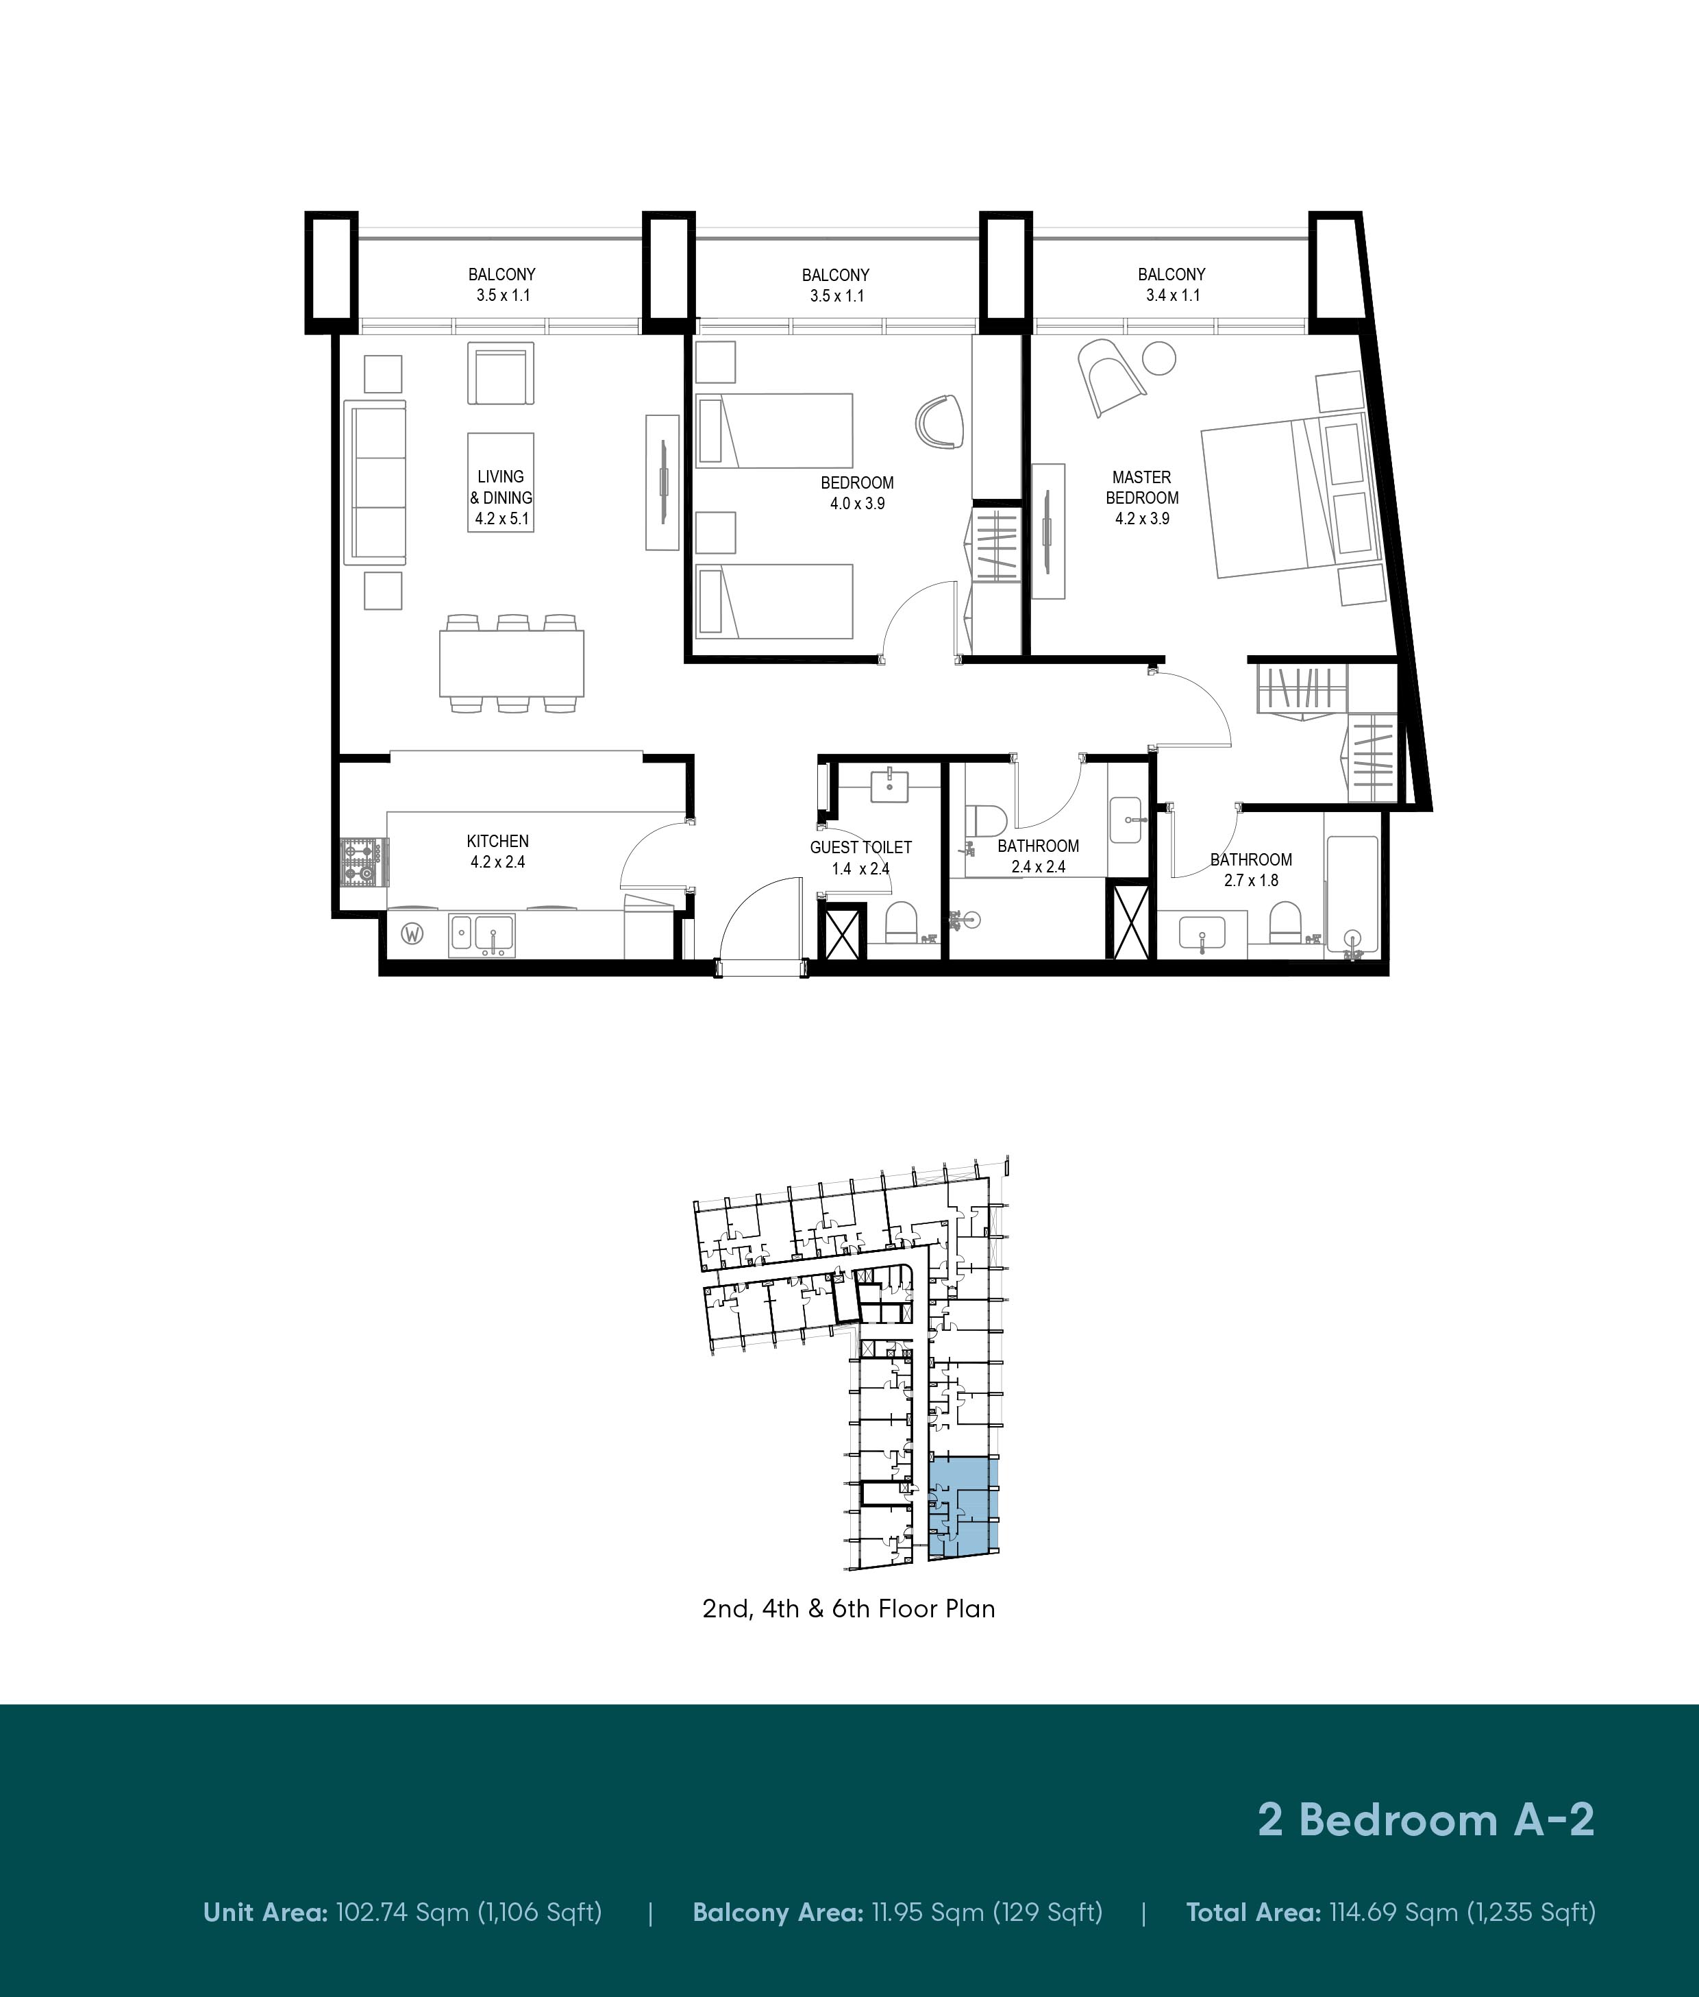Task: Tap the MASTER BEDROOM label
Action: [x=1142, y=487]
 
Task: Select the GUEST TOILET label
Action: [x=860, y=847]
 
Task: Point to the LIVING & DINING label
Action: [x=501, y=487]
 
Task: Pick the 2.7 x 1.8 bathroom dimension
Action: [x=1251, y=881]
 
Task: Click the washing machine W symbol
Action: [x=412, y=933]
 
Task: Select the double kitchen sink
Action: [x=482, y=935]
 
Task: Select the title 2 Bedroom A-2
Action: [x=1426, y=1820]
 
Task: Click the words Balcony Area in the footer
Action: [x=778, y=1912]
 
